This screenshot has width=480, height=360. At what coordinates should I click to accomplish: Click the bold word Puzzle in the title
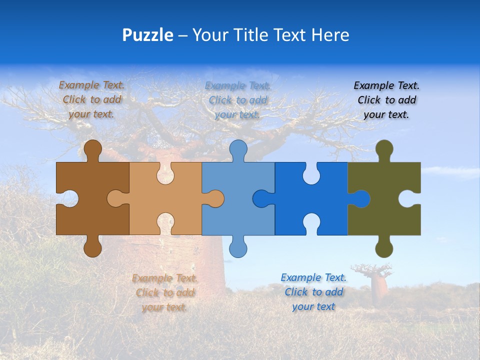coord(148,35)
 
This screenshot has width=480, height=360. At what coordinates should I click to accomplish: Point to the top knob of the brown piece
coord(93,149)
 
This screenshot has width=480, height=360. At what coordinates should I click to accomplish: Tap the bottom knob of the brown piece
coord(93,248)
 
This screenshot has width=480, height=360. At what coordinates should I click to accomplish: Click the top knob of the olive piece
coord(384,149)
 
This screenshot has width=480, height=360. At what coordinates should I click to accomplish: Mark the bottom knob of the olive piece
coord(384,248)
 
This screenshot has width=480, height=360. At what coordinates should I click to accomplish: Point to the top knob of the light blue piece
coord(238,149)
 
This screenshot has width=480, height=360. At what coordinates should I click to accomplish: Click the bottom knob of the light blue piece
coord(238,248)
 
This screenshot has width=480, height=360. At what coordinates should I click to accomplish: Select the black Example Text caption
coord(387,100)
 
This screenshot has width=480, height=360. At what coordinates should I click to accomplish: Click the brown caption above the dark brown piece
coord(92,99)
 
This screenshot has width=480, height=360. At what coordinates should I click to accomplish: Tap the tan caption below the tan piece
coord(165,292)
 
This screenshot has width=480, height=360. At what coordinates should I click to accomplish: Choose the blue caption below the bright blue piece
coord(313,291)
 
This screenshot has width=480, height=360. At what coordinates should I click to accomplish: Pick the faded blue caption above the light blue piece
coord(238,100)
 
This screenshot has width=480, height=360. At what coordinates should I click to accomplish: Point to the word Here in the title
coord(330,35)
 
